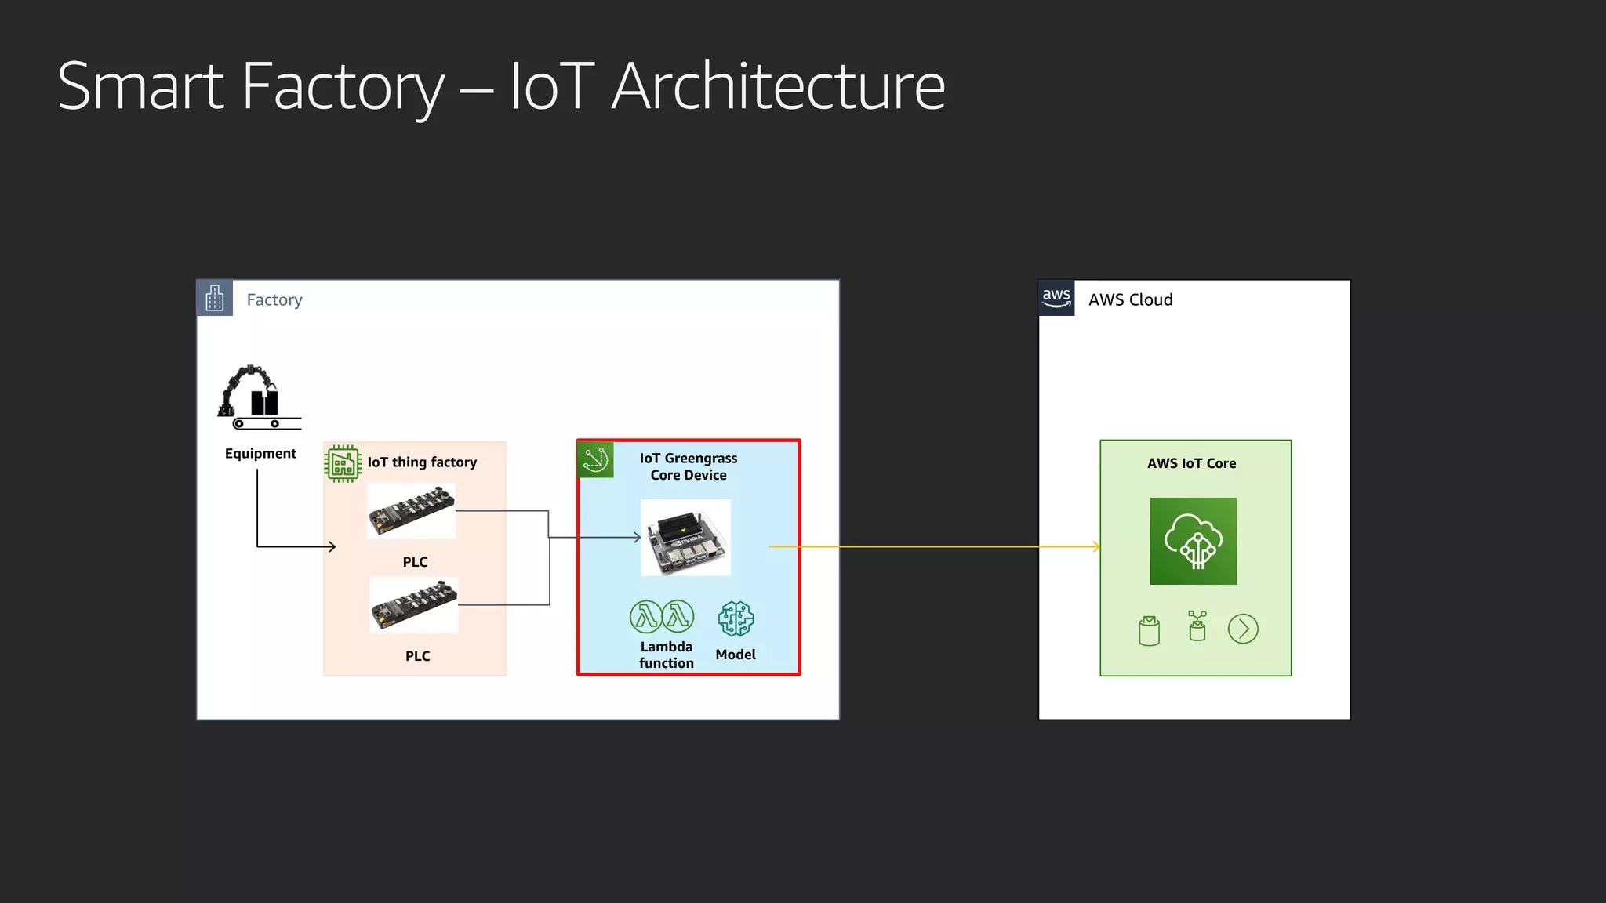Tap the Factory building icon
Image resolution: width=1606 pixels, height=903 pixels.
click(x=214, y=298)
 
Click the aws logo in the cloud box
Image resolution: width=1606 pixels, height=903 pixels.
click(x=1056, y=298)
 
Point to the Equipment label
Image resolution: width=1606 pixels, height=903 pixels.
click(x=260, y=454)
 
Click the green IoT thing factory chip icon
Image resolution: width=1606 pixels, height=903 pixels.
click(x=343, y=463)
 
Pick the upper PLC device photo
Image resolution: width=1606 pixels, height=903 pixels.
click(x=412, y=510)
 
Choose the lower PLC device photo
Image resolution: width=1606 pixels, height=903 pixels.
click(x=414, y=605)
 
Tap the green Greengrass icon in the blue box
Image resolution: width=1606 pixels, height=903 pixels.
click(x=595, y=459)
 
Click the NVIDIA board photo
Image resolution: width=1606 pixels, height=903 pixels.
click(x=686, y=538)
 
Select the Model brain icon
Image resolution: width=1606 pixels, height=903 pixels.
click(x=736, y=619)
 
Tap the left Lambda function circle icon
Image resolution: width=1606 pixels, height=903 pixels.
click(x=646, y=617)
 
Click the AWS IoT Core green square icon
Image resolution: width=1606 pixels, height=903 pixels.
click(x=1193, y=541)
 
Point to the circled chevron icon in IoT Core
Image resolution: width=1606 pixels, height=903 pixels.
click(x=1243, y=629)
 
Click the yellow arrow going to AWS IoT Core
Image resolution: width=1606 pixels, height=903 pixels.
click(x=933, y=546)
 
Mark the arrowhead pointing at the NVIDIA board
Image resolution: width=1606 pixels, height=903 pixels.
click(x=638, y=538)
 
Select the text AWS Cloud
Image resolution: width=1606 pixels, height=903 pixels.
click(x=1130, y=300)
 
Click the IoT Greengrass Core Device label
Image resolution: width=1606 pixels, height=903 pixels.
click(x=689, y=466)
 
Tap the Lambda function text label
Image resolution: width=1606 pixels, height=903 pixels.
click(x=667, y=655)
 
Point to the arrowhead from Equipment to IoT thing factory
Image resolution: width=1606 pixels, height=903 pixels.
click(x=332, y=546)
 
